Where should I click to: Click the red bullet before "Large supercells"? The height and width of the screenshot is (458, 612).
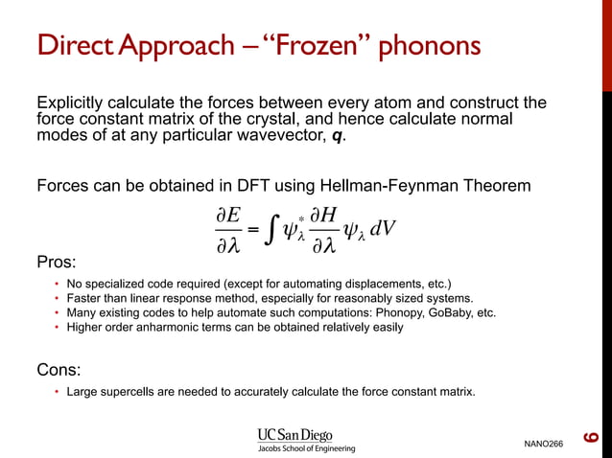[57, 392]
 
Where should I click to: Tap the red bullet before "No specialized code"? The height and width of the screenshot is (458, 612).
[57, 284]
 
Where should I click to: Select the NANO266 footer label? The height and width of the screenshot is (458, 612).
[544, 444]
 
